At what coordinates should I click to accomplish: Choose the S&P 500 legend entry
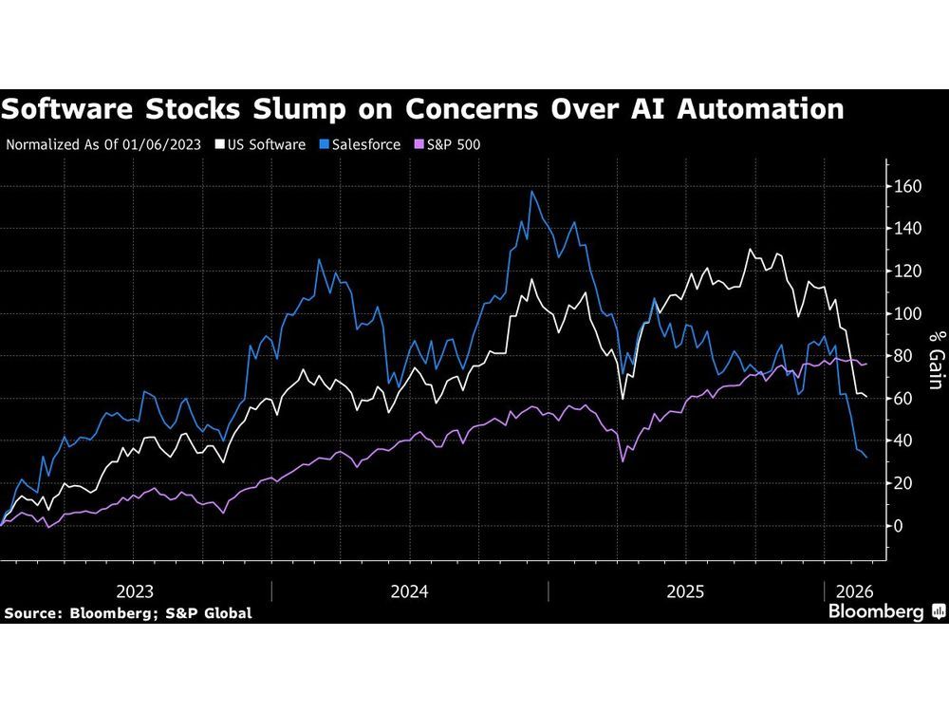pyautogui.click(x=450, y=145)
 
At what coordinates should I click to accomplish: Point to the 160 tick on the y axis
pyautogui.click(x=907, y=187)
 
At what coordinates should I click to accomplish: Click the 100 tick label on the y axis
pyautogui.click(x=907, y=314)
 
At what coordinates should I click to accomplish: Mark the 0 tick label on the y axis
pyautogui.click(x=898, y=526)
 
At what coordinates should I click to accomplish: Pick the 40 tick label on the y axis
pyautogui.click(x=903, y=441)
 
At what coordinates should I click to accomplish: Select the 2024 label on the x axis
pyautogui.click(x=409, y=591)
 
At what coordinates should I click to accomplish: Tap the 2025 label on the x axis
pyautogui.click(x=685, y=591)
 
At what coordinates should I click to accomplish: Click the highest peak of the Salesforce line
pyautogui.click(x=531, y=192)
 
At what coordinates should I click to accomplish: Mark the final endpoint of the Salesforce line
pyautogui.click(x=866, y=458)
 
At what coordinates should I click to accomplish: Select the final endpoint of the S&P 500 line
pyautogui.click(x=866, y=365)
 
